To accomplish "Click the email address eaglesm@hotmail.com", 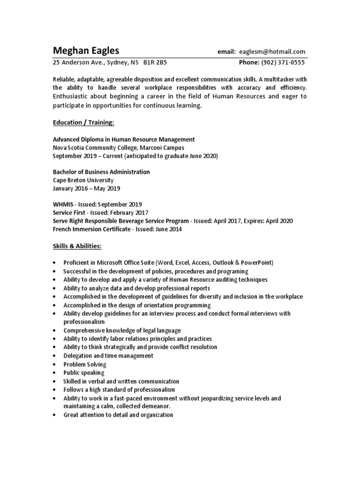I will click(272, 52).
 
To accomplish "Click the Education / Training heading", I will click(83, 123).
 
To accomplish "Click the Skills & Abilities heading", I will click(77, 246).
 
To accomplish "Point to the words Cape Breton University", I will click(83, 180).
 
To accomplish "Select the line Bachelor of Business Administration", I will click(101, 172).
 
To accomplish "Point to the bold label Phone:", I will click(249, 62).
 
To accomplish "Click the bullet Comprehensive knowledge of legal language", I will click(122, 330).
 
